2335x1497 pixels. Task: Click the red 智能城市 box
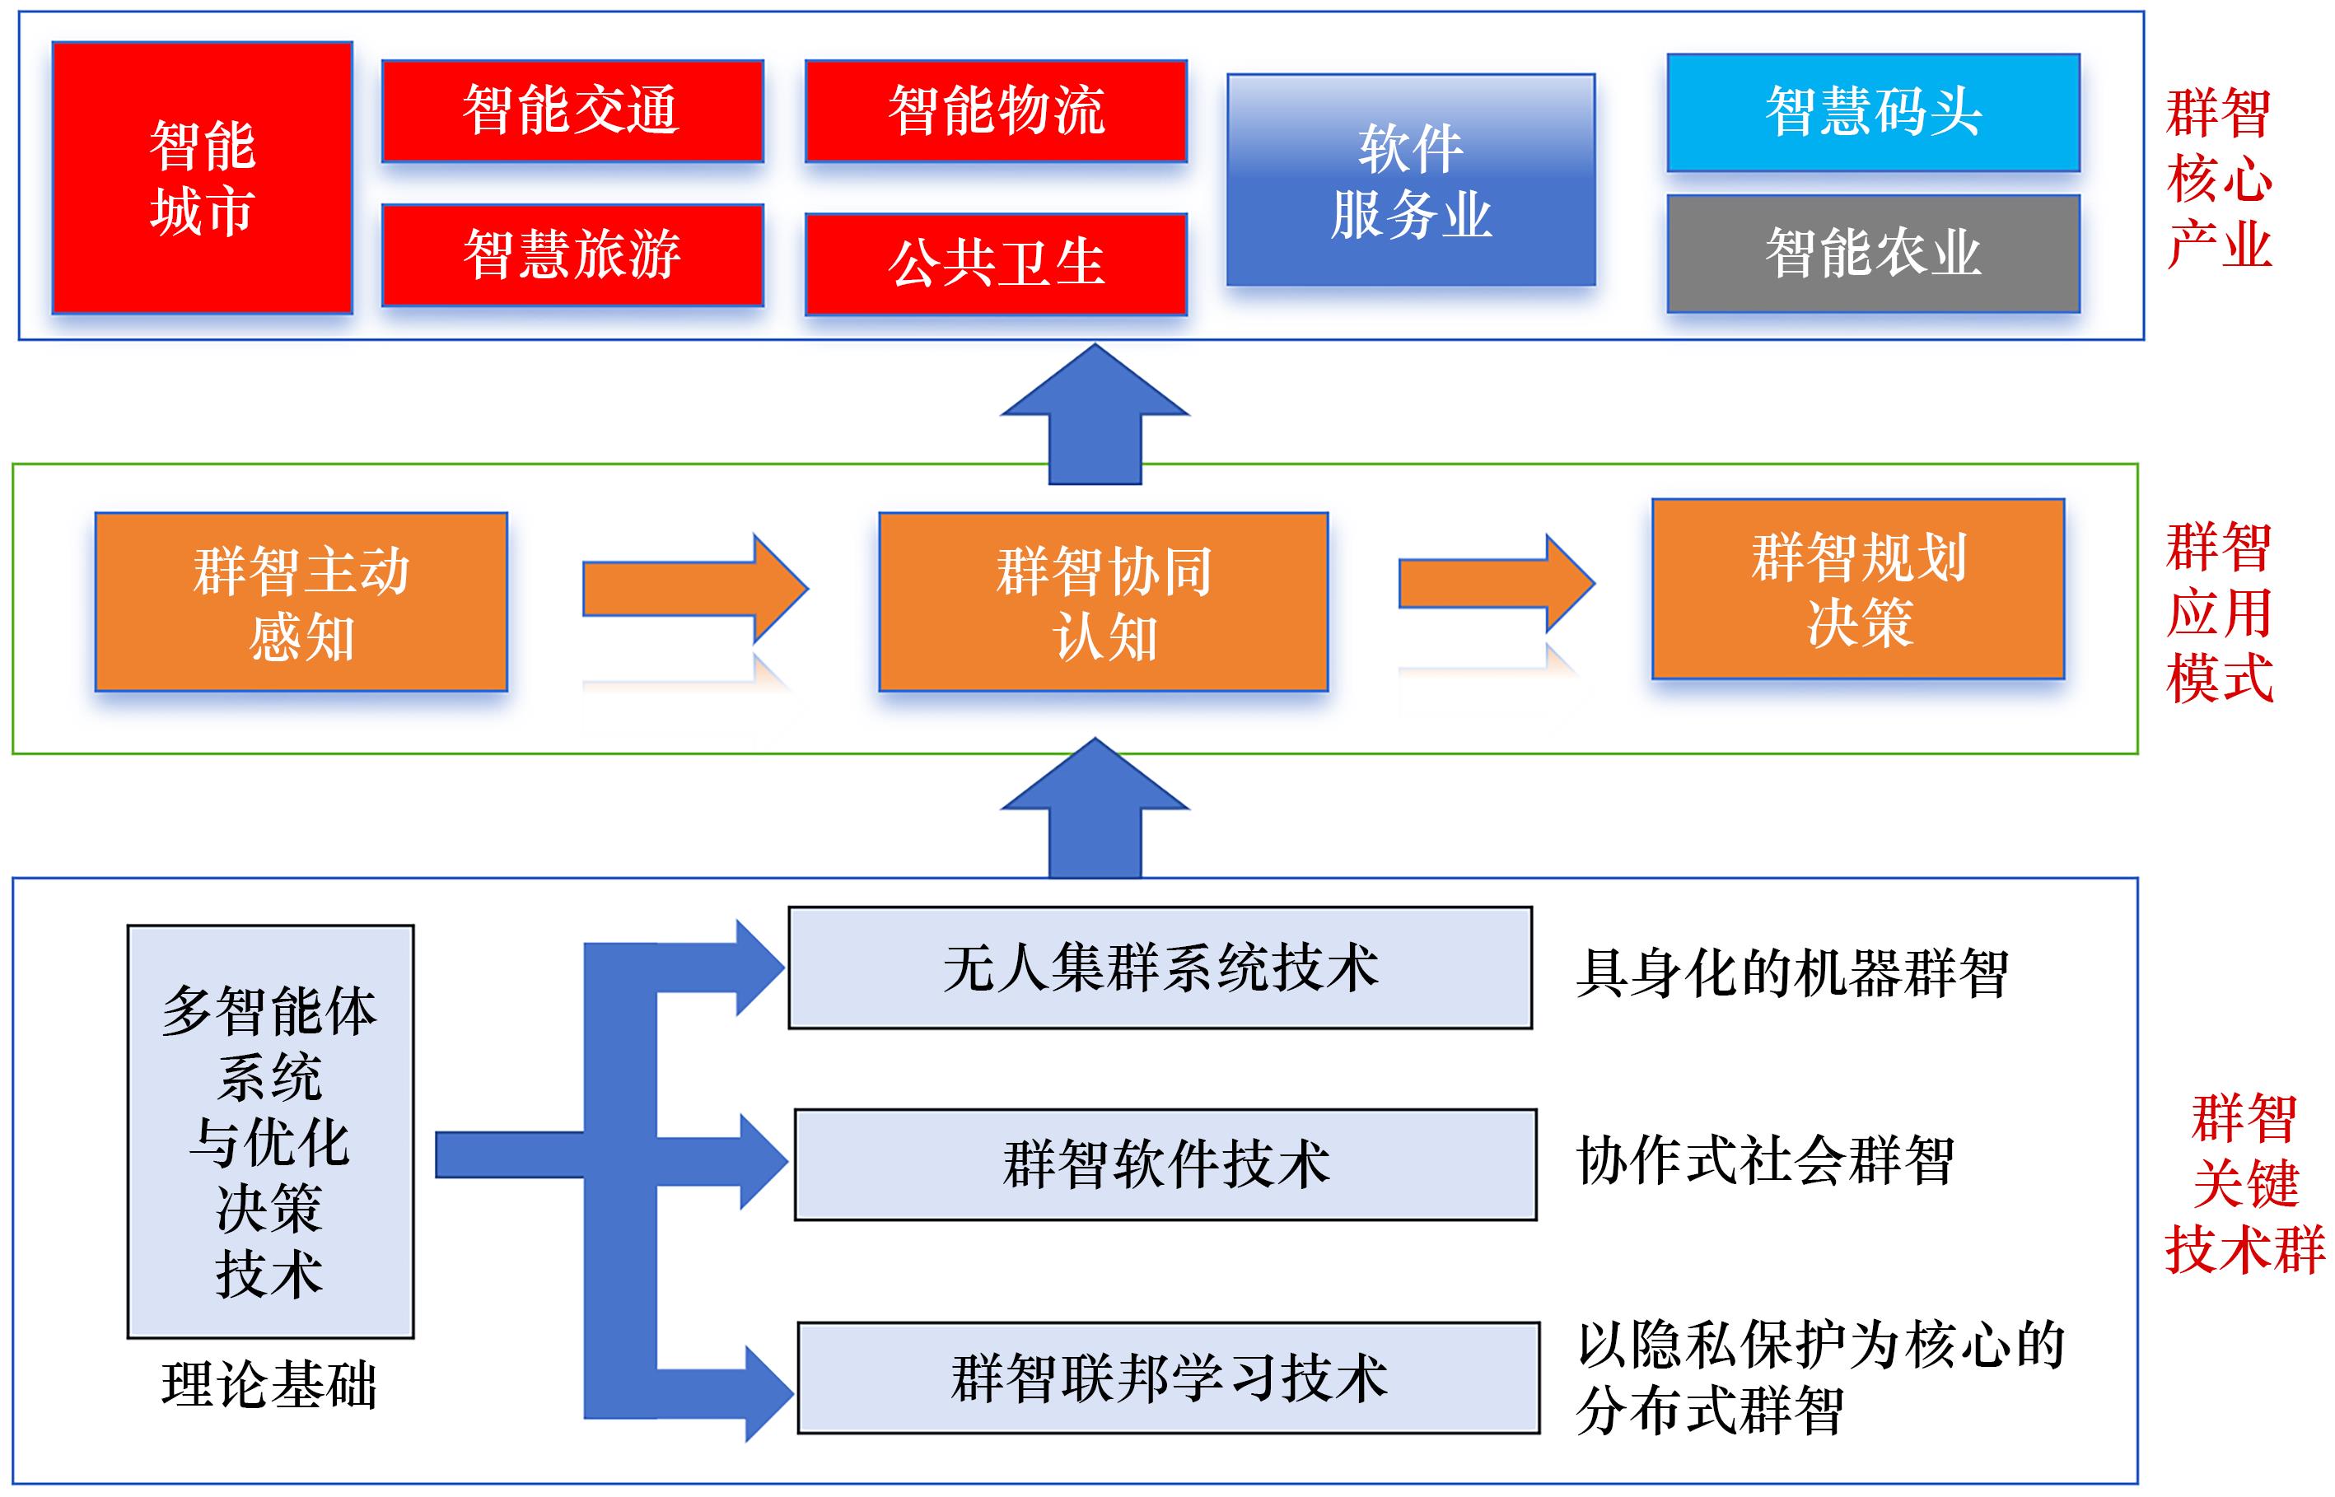coord(202,178)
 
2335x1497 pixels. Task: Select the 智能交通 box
coord(572,110)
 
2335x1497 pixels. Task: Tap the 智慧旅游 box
coord(572,254)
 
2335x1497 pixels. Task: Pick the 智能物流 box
coord(996,110)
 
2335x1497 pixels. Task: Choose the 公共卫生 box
coord(996,263)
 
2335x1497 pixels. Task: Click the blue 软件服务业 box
coord(1411,180)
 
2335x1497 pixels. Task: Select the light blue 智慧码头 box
coord(1872,112)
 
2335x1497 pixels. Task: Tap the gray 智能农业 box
coord(1872,253)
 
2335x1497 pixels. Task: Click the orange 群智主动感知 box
coord(301,602)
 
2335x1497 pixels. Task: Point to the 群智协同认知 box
coord(1104,602)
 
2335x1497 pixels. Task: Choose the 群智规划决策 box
coord(1857,588)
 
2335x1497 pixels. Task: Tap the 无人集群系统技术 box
coord(1160,968)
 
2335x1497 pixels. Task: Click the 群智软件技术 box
coord(1165,1164)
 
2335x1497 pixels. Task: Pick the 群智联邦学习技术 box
coord(1168,1377)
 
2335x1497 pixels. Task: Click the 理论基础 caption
coord(269,1384)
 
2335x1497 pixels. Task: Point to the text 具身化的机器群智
coord(1791,972)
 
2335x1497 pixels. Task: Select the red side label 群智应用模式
coord(2218,613)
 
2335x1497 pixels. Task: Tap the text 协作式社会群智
coord(1764,1161)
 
